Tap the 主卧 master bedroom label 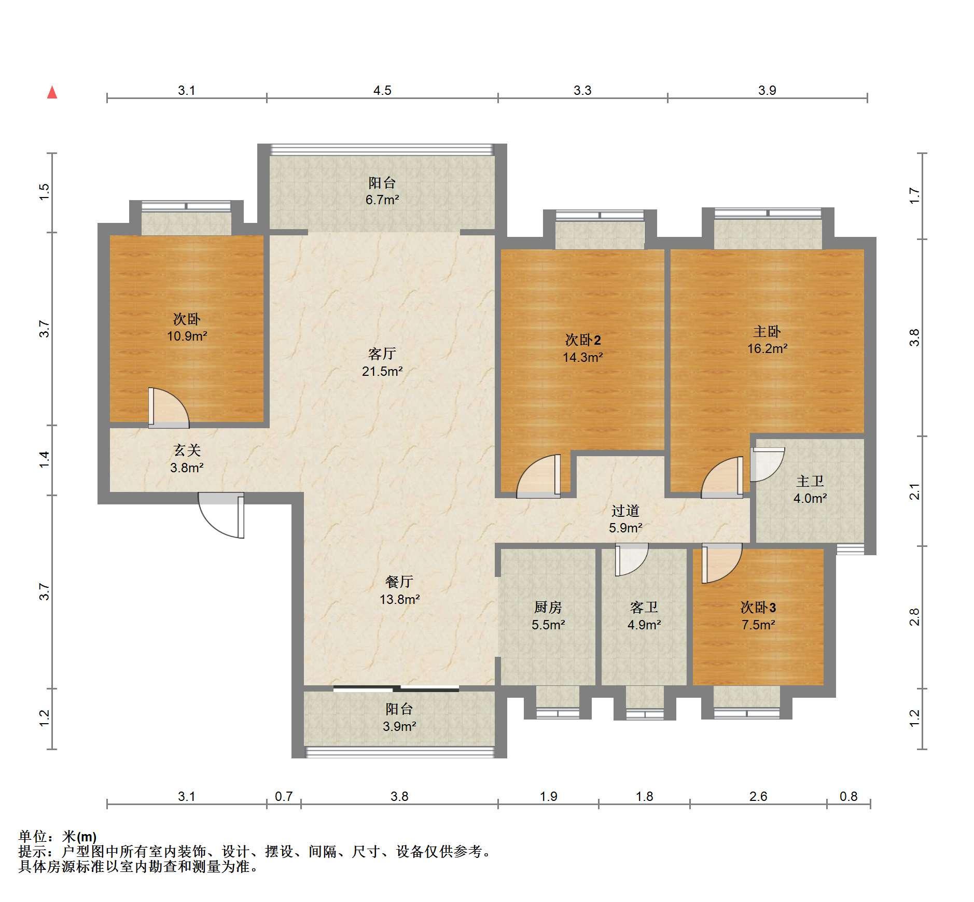tap(767, 331)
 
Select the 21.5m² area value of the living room tap(382, 371)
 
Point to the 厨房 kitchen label tap(548, 607)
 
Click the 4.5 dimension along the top tap(382, 90)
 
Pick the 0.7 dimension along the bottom tap(284, 796)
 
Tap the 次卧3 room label tap(758, 607)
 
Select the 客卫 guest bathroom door tap(632, 559)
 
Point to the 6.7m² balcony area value tap(382, 200)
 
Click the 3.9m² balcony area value tap(399, 727)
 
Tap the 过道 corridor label tap(625, 511)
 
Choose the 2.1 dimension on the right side tap(915, 491)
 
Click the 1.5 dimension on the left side tap(45, 192)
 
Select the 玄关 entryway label tap(187, 450)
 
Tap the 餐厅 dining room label tap(399, 582)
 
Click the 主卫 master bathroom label tap(810, 481)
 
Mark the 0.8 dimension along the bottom tap(848, 796)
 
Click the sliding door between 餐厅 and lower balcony tap(396, 689)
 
